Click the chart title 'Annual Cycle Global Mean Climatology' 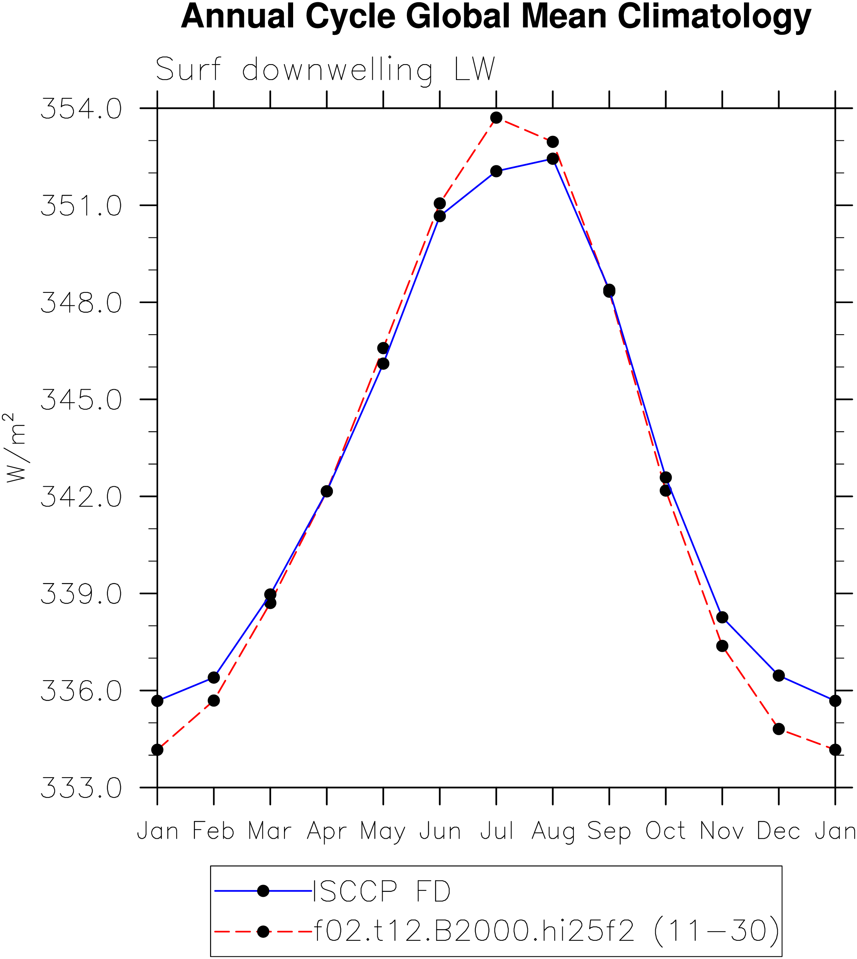coord(496,17)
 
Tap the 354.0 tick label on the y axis coord(81,108)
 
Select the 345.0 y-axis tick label coord(81,399)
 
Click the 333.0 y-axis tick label coord(81,788)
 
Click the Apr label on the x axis coord(327,832)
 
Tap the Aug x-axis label coord(553,832)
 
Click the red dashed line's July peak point coord(496,118)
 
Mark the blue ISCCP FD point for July coord(496,171)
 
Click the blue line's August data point coord(553,159)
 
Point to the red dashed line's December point coord(779,729)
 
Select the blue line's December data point coord(779,676)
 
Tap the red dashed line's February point coord(214,700)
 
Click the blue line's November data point coord(722,617)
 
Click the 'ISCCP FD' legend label coord(382,891)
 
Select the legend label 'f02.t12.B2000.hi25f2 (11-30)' coord(546,931)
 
